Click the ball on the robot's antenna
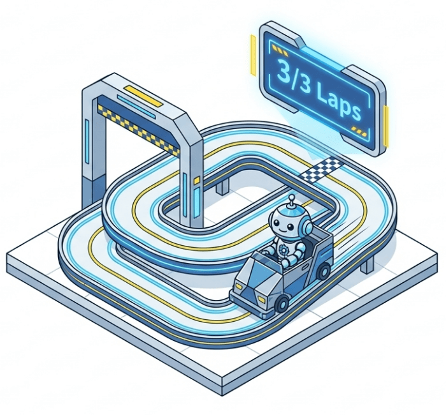[x=291, y=197]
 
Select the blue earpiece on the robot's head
[x=306, y=225]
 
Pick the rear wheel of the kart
[x=324, y=271]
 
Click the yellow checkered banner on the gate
[x=139, y=129]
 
